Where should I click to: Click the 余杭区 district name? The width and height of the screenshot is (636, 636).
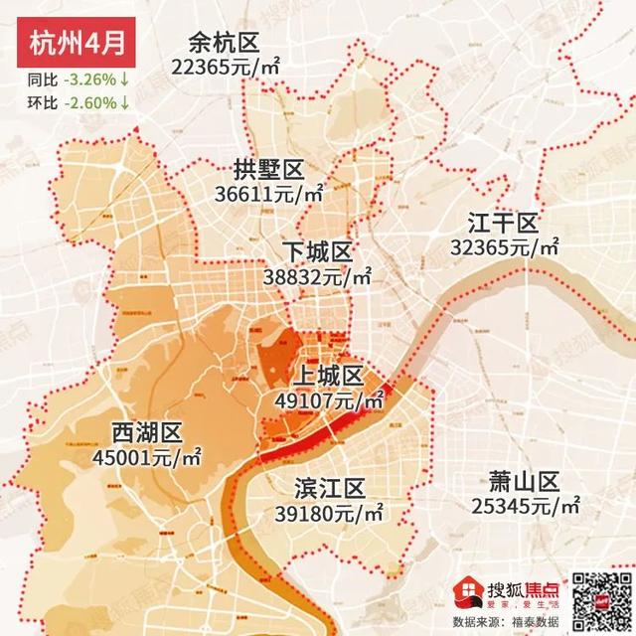click(225, 44)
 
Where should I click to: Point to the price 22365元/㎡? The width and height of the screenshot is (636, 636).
click(225, 67)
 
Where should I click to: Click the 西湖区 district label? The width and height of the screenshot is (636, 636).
click(146, 433)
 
